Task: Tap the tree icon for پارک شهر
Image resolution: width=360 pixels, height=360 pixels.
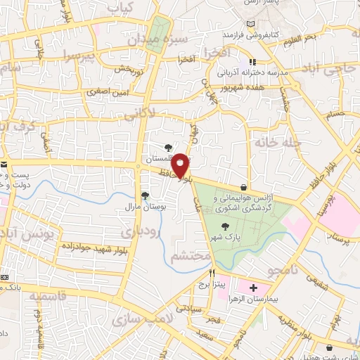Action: [225, 226]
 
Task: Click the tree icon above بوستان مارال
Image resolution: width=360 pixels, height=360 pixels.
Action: [145, 195]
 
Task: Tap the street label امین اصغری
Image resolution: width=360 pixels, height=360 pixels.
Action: [105, 91]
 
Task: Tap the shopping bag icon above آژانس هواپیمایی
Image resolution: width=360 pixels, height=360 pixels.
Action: [243, 188]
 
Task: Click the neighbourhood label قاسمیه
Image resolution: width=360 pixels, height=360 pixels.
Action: [42, 296]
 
